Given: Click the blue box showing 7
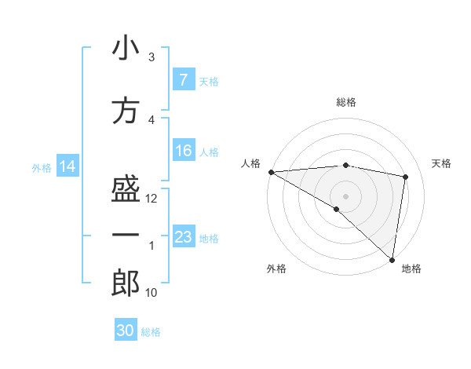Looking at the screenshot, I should coord(183,80).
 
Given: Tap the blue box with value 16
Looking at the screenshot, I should coord(183,151).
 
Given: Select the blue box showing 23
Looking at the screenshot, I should coord(183,237).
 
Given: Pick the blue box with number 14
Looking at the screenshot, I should coord(68,166).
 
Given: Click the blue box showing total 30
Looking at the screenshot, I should coord(126,331).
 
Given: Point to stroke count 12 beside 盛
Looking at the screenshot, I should coord(152,199).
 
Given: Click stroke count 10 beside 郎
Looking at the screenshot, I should coord(152,293).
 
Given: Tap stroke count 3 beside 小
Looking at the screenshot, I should coord(152,57).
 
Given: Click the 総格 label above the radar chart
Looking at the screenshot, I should coord(346,102).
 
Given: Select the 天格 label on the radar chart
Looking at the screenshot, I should coord(442,163).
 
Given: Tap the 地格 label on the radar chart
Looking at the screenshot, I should coord(411,269).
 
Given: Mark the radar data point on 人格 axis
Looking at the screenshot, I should coord(271,172).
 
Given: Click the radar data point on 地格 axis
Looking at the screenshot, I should coord(392,259).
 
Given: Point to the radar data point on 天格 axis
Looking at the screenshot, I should coord(406,177).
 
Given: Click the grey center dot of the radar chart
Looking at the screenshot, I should coord(345,195).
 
